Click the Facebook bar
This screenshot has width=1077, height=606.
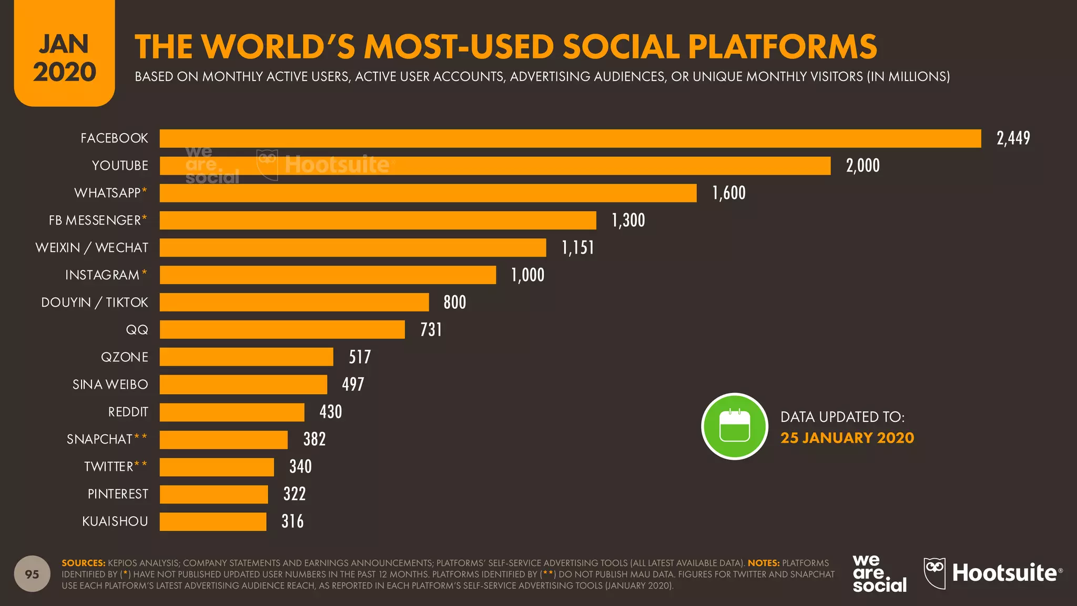point(570,138)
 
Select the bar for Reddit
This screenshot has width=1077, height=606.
point(232,412)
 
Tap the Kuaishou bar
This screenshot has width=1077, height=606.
point(213,521)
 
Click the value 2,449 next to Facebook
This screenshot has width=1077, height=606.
point(1013,138)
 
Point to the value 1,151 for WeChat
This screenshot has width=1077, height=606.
point(577,248)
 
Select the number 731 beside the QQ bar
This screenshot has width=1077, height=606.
point(431,330)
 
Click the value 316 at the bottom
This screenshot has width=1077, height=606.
point(292,521)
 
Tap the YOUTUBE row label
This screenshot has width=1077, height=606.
point(120,166)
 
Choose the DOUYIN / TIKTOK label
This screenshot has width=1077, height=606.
point(95,302)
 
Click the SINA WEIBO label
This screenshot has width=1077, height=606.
point(110,385)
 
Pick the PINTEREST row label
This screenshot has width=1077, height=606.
point(118,494)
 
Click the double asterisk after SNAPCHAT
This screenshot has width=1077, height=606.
point(140,437)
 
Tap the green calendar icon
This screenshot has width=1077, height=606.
point(735,426)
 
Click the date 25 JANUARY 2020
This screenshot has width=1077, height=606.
point(847,438)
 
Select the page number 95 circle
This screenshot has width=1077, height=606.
point(32,574)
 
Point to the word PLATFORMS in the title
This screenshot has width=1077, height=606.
point(782,47)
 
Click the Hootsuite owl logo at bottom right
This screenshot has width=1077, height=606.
point(934,573)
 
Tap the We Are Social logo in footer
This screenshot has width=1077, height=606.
point(879,573)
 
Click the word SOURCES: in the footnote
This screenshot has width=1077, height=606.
point(84,563)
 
